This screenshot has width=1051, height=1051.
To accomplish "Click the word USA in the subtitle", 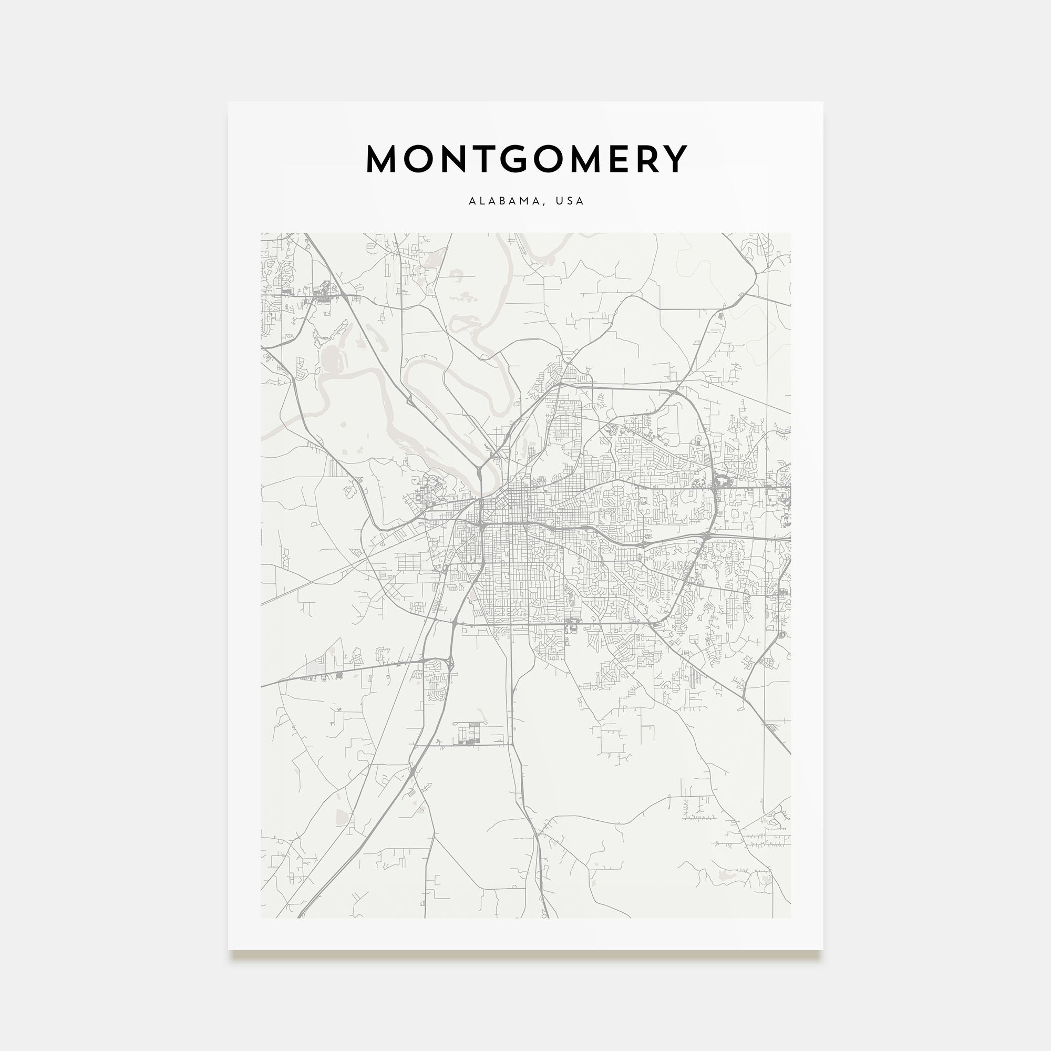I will point(570,201).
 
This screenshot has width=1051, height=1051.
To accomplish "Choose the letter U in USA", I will point(559,201).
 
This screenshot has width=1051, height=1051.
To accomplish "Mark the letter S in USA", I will point(570,201).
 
